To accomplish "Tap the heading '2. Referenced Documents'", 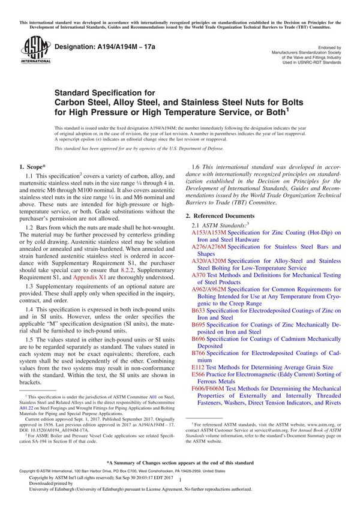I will (220, 215).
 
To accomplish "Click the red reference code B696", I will (198, 339).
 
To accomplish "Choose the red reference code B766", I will (198, 353).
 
